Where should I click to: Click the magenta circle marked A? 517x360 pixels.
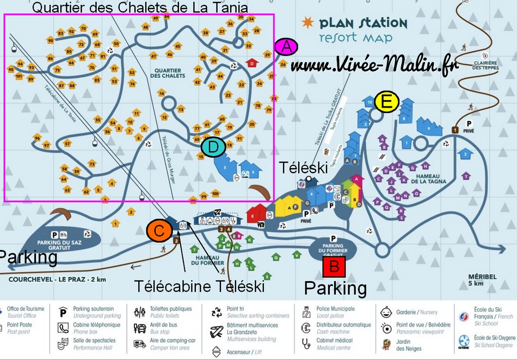coord(286,47)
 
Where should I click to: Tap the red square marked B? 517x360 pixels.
coord(334,267)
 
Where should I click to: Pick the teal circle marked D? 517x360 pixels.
coord(213,146)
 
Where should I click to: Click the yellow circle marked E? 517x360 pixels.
coord(386,102)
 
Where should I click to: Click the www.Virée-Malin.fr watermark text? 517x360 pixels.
coord(373,65)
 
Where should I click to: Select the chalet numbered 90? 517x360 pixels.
coord(50,40)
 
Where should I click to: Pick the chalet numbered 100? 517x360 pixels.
coord(215,193)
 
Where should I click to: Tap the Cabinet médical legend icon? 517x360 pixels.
coord(306,344)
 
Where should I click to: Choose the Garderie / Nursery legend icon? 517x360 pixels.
coord(387,312)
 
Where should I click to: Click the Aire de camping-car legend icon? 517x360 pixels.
coord(139,344)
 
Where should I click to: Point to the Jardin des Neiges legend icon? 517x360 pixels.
coord(387,344)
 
